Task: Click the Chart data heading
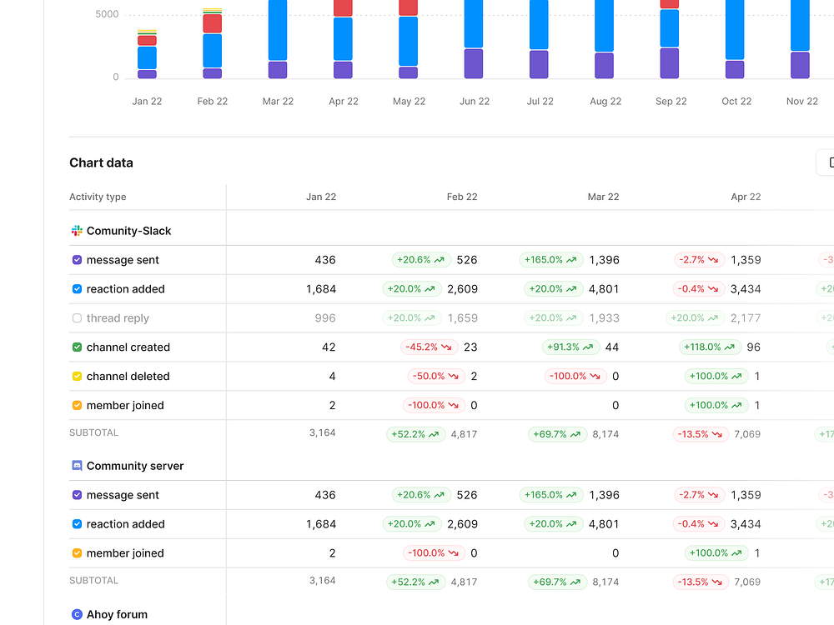(x=101, y=162)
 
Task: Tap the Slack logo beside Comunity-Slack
(x=77, y=231)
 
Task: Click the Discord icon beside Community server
(x=77, y=466)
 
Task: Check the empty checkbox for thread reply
(x=77, y=318)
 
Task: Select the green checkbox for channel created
(x=77, y=347)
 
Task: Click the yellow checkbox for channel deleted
(x=77, y=377)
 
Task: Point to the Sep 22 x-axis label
(x=671, y=102)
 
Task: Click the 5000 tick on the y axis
(x=107, y=14)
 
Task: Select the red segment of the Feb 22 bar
(x=213, y=23)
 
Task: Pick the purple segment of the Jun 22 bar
(x=474, y=63)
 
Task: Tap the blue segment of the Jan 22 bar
(x=147, y=57)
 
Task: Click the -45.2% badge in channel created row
(x=429, y=347)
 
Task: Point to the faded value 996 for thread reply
(x=325, y=318)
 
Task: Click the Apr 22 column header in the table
(x=746, y=197)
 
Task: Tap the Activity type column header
(x=98, y=197)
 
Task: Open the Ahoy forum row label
(x=117, y=614)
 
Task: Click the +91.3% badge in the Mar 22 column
(x=570, y=347)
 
